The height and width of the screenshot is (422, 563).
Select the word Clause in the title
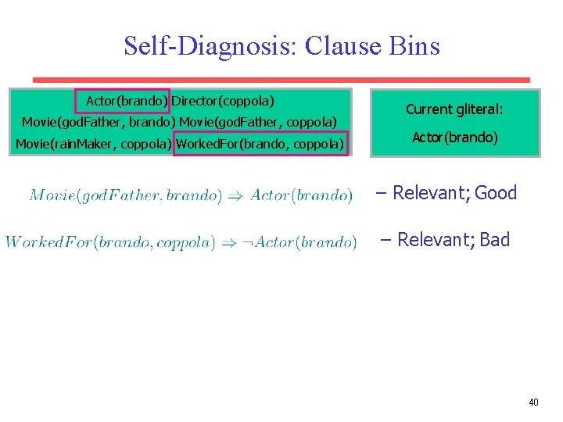click(342, 46)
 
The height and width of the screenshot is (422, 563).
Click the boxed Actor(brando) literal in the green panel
click(123, 102)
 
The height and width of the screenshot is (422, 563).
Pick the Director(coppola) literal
click(223, 102)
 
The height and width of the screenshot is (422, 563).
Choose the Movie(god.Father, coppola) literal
click(258, 122)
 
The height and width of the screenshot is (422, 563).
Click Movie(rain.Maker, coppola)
click(94, 144)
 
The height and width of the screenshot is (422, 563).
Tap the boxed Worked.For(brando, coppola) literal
click(260, 144)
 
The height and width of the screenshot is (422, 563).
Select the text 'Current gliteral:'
click(454, 110)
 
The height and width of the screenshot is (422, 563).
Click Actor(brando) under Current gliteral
click(455, 138)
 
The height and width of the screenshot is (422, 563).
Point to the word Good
click(496, 193)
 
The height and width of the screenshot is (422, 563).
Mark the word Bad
click(494, 240)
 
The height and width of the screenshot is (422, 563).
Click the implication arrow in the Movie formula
click(235, 195)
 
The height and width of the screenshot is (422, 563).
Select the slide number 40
click(533, 402)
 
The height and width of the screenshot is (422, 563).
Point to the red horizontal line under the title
click(281, 80)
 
